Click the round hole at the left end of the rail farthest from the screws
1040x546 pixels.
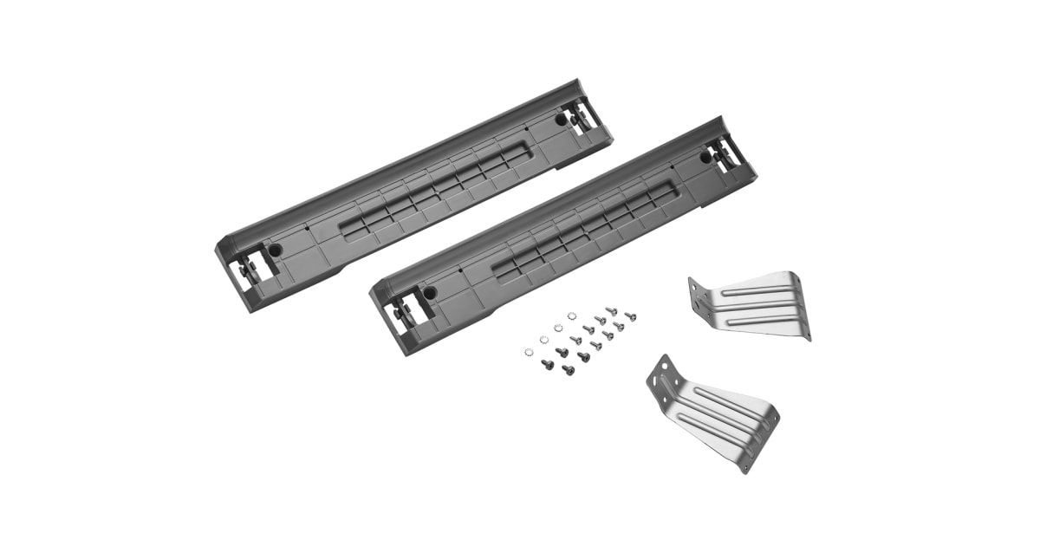click(275, 249)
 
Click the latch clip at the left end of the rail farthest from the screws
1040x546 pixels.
click(246, 266)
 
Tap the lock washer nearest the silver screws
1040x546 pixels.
click(571, 316)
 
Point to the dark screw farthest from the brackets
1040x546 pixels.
click(549, 365)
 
